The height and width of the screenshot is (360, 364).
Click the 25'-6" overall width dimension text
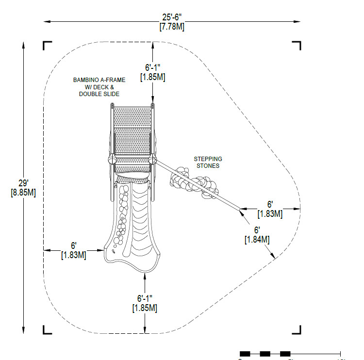(172, 17)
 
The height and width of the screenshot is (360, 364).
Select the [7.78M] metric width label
(172, 27)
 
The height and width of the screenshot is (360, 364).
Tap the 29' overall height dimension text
(23, 183)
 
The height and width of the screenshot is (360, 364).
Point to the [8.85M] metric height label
(23, 193)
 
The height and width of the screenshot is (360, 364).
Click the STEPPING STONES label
(208, 162)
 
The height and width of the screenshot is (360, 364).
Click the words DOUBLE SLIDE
(99, 94)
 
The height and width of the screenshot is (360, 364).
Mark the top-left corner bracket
(47, 45)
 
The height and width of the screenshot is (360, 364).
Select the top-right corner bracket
(297, 46)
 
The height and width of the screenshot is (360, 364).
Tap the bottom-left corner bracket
(47, 330)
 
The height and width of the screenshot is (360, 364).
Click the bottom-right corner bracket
(297, 330)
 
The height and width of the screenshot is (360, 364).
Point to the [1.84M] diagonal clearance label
(257, 240)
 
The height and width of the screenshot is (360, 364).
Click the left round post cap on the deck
(112, 160)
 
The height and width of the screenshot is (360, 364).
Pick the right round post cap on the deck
(152, 160)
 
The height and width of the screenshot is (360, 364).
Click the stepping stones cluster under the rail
(195, 183)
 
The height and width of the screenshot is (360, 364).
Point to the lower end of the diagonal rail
(239, 209)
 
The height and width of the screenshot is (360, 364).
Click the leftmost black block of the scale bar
(245, 354)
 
